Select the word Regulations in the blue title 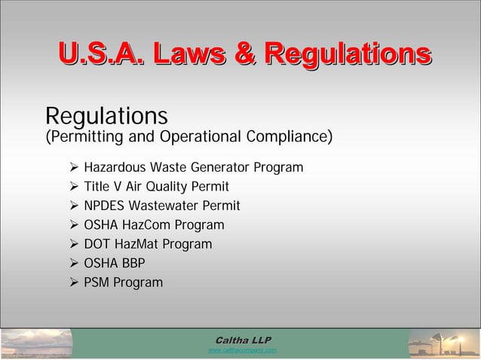pyautogui.click(x=348, y=53)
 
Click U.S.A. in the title pyautogui.click(x=100, y=53)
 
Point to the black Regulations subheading pyautogui.click(x=106, y=117)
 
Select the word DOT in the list pyautogui.click(x=97, y=244)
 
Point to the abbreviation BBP pyautogui.click(x=131, y=263)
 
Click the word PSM pyautogui.click(x=97, y=282)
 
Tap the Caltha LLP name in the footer pyautogui.click(x=243, y=340)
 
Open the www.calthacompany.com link pyautogui.click(x=242, y=350)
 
